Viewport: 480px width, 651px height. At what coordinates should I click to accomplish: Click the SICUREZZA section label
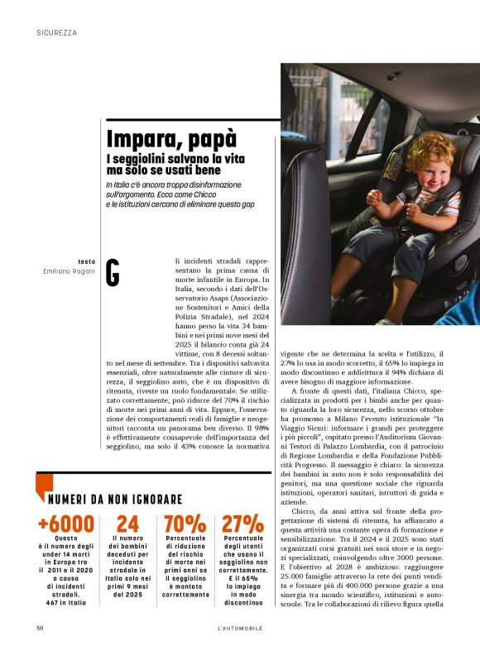[x=57, y=33]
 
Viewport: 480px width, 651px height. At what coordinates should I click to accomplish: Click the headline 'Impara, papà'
[x=171, y=138]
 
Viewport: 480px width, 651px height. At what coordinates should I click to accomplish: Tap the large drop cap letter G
[x=113, y=274]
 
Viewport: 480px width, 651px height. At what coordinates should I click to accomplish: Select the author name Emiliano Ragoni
[x=70, y=271]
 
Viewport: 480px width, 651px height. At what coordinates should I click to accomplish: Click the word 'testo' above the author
[x=86, y=261]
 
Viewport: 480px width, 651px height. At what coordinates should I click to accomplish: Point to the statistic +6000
[x=65, y=523]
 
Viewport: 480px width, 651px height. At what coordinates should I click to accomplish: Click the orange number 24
[x=127, y=523]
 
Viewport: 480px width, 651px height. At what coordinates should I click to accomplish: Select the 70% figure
[x=185, y=523]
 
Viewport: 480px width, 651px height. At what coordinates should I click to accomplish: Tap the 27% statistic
[x=242, y=523]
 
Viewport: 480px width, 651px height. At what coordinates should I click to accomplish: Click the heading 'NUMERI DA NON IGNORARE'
[x=114, y=500]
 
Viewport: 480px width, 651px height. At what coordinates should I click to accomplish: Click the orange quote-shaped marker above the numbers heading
[x=45, y=482]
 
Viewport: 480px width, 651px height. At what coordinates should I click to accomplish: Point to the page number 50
[x=40, y=628]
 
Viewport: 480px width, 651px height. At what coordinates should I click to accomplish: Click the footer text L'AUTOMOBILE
[x=239, y=628]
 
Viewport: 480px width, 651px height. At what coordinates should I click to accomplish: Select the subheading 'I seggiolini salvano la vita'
[x=169, y=157]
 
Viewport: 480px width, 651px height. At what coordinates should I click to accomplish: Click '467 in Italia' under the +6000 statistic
[x=65, y=602]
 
